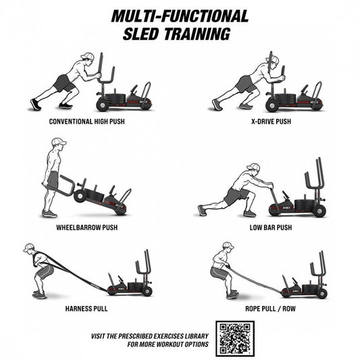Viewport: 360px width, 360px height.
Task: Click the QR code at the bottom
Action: click(235, 338)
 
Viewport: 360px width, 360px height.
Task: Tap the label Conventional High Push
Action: click(87, 122)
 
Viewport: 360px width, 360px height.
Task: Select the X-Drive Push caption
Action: click(271, 122)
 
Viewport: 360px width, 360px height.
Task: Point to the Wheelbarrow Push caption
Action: click(87, 228)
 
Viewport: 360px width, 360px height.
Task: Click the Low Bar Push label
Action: click(271, 228)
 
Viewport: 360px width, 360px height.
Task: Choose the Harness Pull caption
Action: click(86, 309)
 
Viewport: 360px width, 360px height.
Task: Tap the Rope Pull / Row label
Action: click(270, 309)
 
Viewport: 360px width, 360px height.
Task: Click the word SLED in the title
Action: click(140, 34)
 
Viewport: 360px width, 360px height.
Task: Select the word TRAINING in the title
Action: click(197, 34)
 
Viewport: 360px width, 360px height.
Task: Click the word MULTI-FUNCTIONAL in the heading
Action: click(180, 16)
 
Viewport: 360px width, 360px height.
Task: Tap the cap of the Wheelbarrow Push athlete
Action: click(59, 141)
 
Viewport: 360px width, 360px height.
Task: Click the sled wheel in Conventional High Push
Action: click(103, 105)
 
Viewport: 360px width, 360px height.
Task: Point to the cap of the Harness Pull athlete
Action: click(28, 247)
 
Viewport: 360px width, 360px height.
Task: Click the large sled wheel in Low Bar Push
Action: click(319, 211)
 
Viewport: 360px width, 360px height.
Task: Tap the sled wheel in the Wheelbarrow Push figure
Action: click(80, 196)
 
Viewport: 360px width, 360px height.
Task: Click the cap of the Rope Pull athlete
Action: click(228, 246)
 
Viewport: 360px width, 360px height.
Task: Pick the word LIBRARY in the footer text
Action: click(197, 336)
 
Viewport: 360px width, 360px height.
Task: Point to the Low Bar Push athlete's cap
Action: click(254, 167)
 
